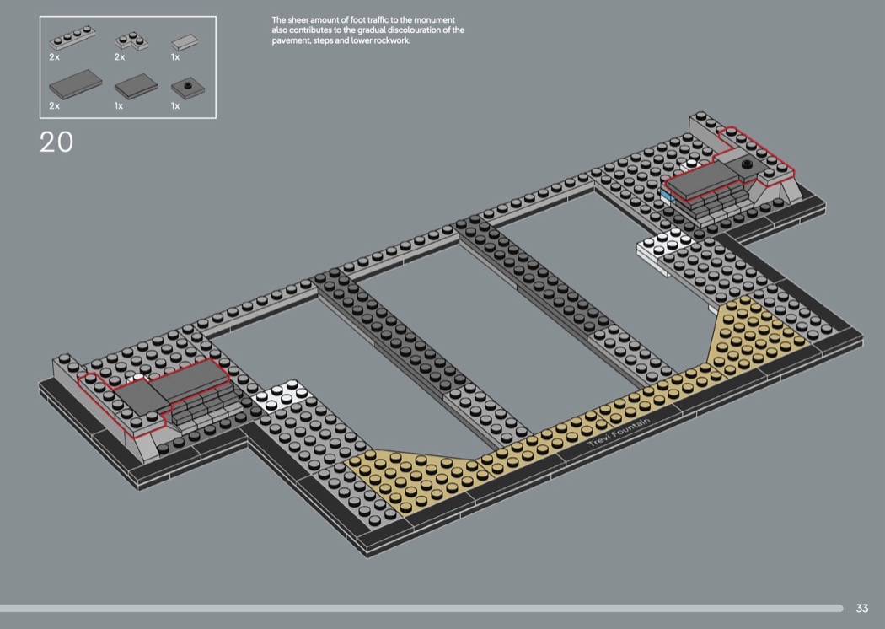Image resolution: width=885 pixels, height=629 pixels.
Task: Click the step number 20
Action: point(56,142)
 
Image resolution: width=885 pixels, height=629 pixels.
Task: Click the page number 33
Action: point(862,608)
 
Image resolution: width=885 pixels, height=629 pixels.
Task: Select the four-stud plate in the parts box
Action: point(71,39)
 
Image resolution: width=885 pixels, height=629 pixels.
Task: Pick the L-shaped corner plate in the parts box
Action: point(131,40)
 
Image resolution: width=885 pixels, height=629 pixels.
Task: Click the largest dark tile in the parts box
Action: point(75,86)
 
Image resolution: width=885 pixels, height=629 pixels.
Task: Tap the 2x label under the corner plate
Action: point(119,57)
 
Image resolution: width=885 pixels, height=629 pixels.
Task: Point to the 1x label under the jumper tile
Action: point(175,106)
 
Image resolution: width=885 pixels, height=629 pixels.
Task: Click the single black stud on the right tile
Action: point(747,162)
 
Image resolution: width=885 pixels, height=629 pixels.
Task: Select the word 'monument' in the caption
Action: point(434,19)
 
